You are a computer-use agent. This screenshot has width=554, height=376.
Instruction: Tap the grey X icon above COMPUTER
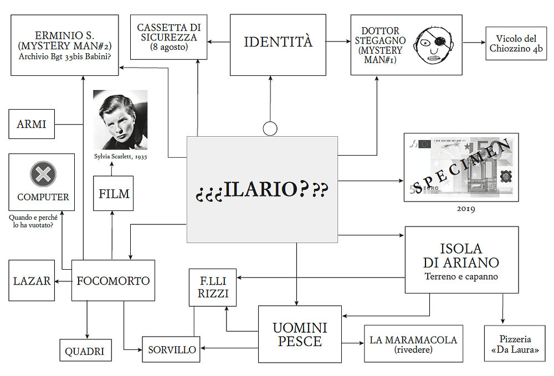pyautogui.click(x=43, y=174)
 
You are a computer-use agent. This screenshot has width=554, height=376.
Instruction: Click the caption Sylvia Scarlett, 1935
pyautogui.click(x=120, y=156)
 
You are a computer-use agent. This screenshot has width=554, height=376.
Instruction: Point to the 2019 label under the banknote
pyautogui.click(x=466, y=209)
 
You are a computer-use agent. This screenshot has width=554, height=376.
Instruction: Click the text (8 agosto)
pyautogui.click(x=169, y=47)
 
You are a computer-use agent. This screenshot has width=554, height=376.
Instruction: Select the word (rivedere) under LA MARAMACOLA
pyautogui.click(x=413, y=349)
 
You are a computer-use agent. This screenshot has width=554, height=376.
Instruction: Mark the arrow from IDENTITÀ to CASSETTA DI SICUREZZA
pyautogui.click(x=219, y=42)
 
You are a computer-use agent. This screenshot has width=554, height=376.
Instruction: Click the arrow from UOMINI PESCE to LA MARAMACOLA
pyautogui.click(x=352, y=343)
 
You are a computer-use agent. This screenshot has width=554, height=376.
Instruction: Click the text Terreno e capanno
pyautogui.click(x=461, y=276)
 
